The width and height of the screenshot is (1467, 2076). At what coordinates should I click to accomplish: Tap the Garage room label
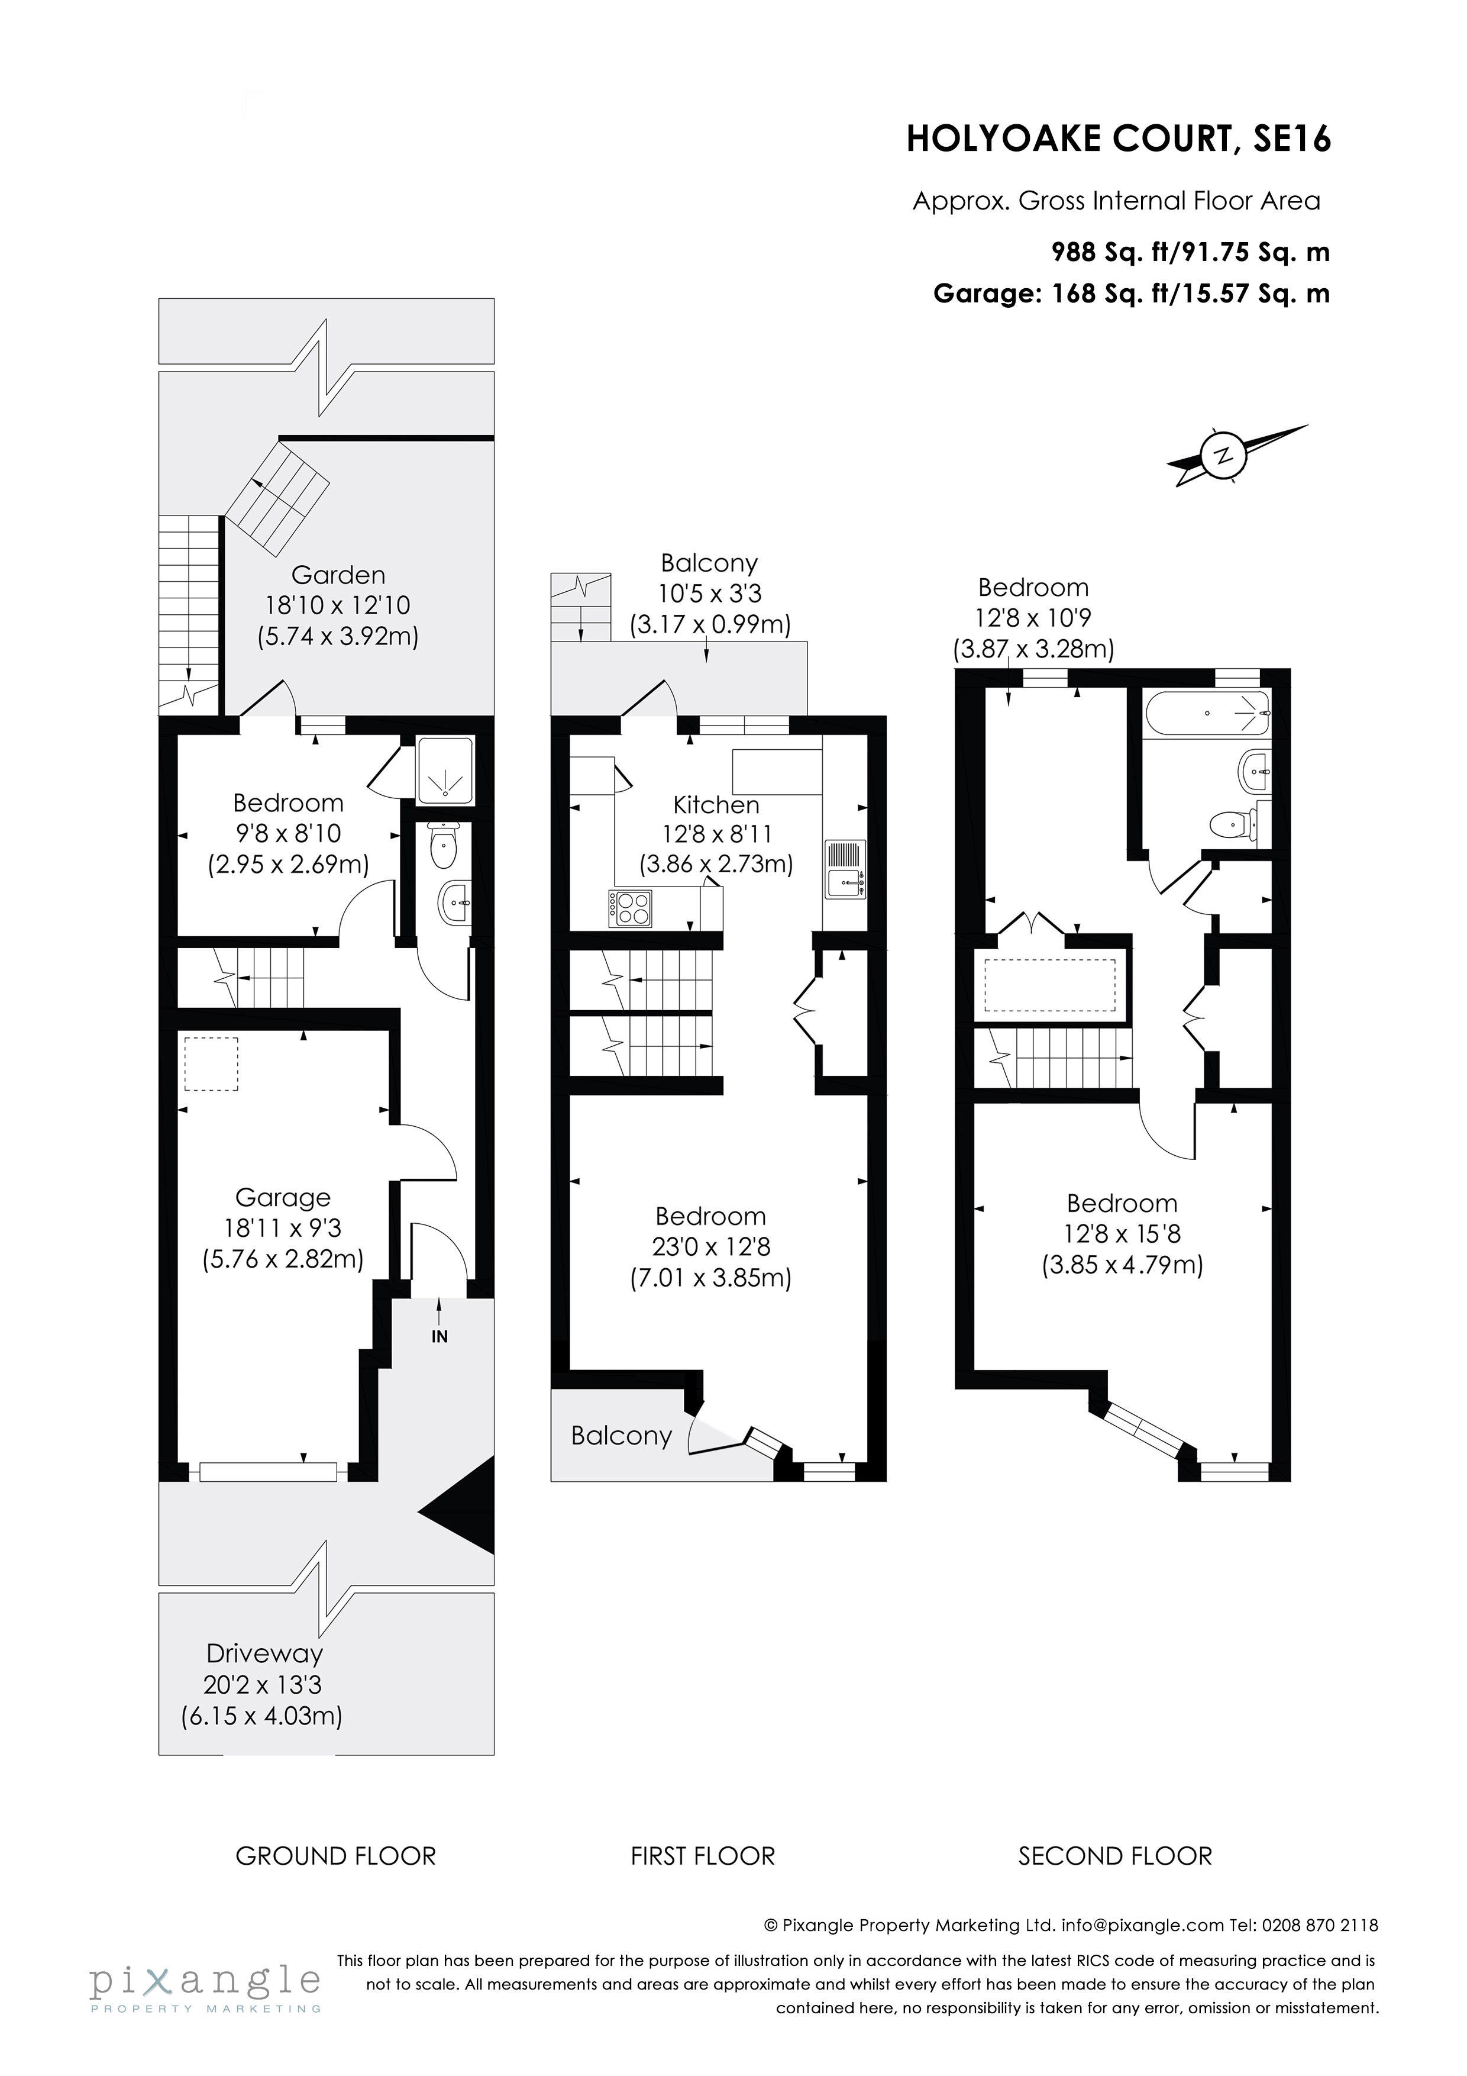click(x=283, y=1197)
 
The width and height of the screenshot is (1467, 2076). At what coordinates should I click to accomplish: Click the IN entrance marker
click(x=440, y=1336)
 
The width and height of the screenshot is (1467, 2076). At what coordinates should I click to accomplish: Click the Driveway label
click(x=264, y=1653)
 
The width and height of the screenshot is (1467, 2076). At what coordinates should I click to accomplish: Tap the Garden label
click(x=338, y=575)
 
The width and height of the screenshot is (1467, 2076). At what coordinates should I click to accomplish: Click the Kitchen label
click(x=716, y=804)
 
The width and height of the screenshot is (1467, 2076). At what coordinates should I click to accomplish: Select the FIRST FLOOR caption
click(x=702, y=1856)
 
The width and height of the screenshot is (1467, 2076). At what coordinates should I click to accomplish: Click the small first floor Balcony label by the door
click(x=621, y=1436)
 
